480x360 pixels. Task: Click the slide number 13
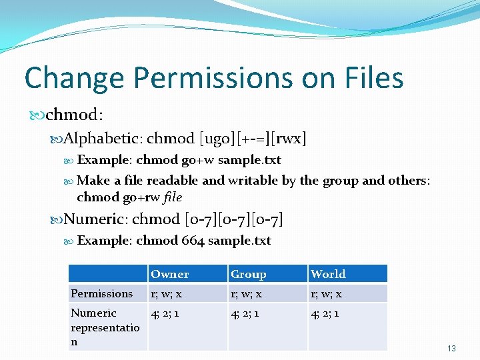[451, 349]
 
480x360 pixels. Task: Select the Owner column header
[169, 274]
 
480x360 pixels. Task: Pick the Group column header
[248, 274]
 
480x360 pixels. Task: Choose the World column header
[328, 274]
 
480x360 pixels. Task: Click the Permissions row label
[102, 293]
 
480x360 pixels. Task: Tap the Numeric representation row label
[105, 327]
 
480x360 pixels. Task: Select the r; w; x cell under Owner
[167, 293]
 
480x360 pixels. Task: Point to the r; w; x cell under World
[326, 293]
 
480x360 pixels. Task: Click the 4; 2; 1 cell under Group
[245, 313]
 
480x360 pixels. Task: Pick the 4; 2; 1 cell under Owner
[165, 313]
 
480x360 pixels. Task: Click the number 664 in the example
[193, 241]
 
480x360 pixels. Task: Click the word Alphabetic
[102, 139]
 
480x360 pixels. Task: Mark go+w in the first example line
[201, 160]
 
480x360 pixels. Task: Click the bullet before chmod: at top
[38, 116]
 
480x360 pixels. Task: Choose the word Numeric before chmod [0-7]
[94, 219]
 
